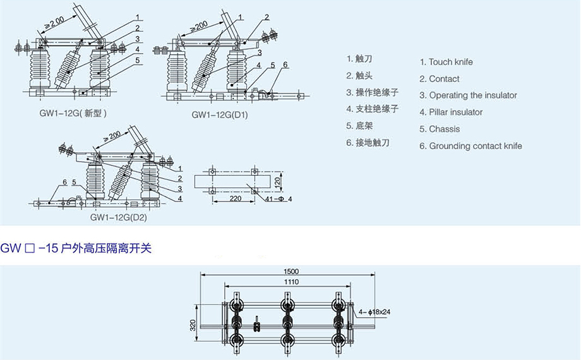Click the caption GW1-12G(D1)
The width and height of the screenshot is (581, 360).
click(220, 116)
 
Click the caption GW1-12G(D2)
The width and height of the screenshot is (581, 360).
click(118, 217)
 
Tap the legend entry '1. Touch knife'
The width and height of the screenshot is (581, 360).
click(446, 62)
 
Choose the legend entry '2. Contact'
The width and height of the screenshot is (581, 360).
click(440, 79)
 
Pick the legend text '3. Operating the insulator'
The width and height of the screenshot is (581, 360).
click(468, 95)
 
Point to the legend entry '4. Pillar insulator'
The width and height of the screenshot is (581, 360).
click(451, 112)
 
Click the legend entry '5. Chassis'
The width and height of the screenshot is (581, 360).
click(440, 129)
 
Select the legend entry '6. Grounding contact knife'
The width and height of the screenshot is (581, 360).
click(470, 146)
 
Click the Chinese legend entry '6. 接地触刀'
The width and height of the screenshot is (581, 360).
click(368, 143)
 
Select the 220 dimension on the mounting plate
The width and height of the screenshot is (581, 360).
click(235, 198)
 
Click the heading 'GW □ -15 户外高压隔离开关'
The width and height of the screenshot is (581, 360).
click(76, 249)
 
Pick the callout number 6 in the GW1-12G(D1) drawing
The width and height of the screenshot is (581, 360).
click(285, 64)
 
